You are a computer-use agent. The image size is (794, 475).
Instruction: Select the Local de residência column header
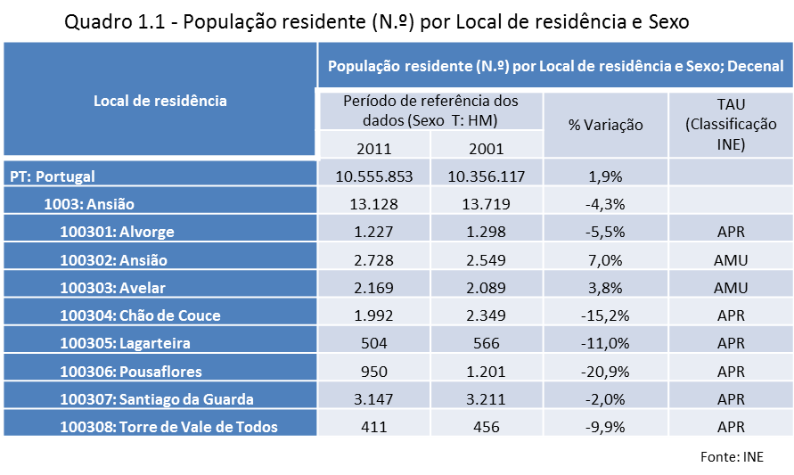160,101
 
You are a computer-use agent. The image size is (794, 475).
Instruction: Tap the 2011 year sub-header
374,148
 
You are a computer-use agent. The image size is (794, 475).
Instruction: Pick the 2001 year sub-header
487,148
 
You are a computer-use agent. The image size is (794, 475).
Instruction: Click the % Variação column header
606,125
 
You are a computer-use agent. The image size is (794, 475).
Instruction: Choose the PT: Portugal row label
53,176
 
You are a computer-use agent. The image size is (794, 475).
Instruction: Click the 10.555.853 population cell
374,176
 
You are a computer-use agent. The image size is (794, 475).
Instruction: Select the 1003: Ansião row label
89,204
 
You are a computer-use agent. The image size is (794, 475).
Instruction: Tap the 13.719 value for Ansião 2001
487,204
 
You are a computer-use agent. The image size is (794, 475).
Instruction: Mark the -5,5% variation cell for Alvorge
606,232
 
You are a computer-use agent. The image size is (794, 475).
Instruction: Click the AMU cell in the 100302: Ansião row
731,260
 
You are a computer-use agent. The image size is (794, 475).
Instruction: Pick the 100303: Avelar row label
113,288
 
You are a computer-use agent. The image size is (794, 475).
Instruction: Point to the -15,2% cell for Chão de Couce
606,315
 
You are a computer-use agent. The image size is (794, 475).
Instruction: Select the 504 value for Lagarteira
374,343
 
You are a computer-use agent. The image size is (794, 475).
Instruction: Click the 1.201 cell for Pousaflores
487,371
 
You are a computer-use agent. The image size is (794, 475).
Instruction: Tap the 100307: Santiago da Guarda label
157,398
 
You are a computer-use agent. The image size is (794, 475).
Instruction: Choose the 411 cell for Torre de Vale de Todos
374,426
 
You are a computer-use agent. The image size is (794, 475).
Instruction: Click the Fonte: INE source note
733,456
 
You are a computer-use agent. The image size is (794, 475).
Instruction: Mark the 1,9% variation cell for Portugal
606,176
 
